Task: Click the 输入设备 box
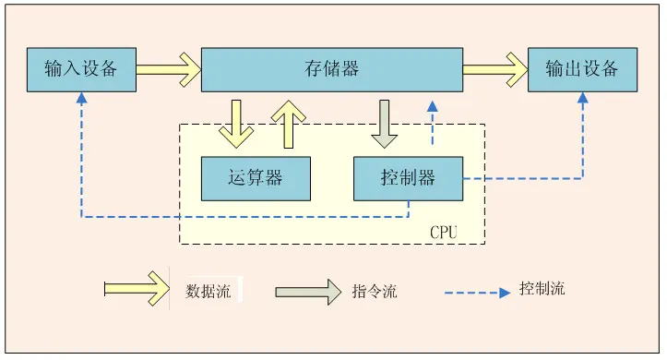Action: pyautogui.click(x=81, y=68)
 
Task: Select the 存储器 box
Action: pyautogui.click(x=331, y=68)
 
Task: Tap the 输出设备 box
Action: pyautogui.click(x=581, y=68)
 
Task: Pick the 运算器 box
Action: pyautogui.click(x=256, y=178)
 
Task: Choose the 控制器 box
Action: pyautogui.click(x=408, y=178)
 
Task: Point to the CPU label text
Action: pyautogui.click(x=444, y=232)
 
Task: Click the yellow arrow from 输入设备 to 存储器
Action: pyautogui.click(x=168, y=68)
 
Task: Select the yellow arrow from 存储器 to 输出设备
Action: pyautogui.click(x=494, y=68)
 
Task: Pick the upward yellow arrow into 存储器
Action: pyautogui.click(x=290, y=123)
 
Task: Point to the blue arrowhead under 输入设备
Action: pyautogui.click(x=81, y=98)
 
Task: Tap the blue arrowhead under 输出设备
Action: pyautogui.click(x=582, y=98)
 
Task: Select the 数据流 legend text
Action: pyautogui.click(x=208, y=291)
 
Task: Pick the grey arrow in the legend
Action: pyautogui.click(x=307, y=291)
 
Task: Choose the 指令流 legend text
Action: pyautogui.click(x=375, y=291)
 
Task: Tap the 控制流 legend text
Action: pyautogui.click(x=542, y=288)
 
